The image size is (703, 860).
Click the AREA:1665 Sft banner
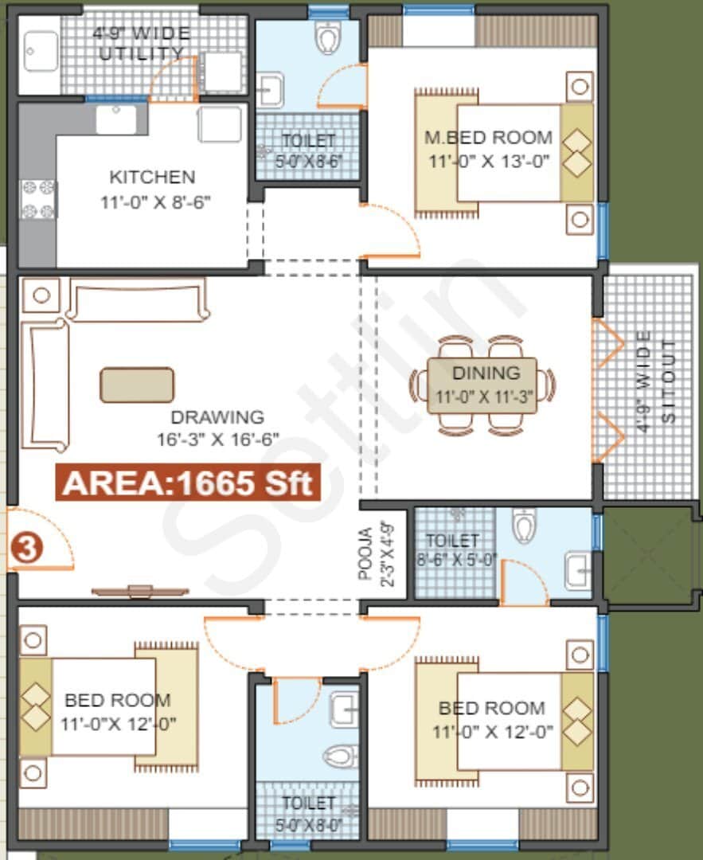(187, 483)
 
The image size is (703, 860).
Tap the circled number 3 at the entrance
(27, 550)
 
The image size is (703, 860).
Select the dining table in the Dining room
(482, 385)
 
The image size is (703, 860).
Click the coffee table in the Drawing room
(137, 385)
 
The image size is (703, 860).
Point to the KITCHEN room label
(152, 176)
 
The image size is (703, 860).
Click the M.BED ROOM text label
(488, 137)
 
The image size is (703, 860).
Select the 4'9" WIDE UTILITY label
(141, 44)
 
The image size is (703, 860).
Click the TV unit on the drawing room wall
(140, 591)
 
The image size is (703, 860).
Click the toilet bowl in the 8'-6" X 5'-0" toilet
(523, 525)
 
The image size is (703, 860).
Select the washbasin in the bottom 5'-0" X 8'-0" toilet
(345, 706)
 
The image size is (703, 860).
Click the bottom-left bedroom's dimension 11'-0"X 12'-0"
(118, 724)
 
